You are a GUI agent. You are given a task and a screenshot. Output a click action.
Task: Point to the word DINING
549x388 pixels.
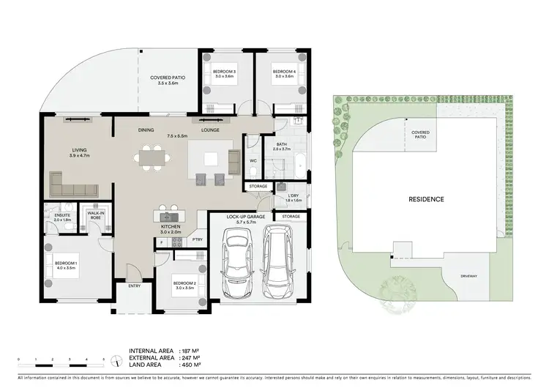coord(146,130)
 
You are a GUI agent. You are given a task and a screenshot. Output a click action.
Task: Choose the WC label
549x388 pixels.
coord(253,160)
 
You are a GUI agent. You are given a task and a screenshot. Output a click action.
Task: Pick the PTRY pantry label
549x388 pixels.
coord(197,239)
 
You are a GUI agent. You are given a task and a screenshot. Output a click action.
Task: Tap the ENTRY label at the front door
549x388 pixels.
coord(135,286)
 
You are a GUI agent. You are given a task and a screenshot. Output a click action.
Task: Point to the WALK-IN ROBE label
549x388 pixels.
coord(94,215)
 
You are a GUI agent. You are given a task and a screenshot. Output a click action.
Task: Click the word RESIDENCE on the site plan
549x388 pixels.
coord(426,198)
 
